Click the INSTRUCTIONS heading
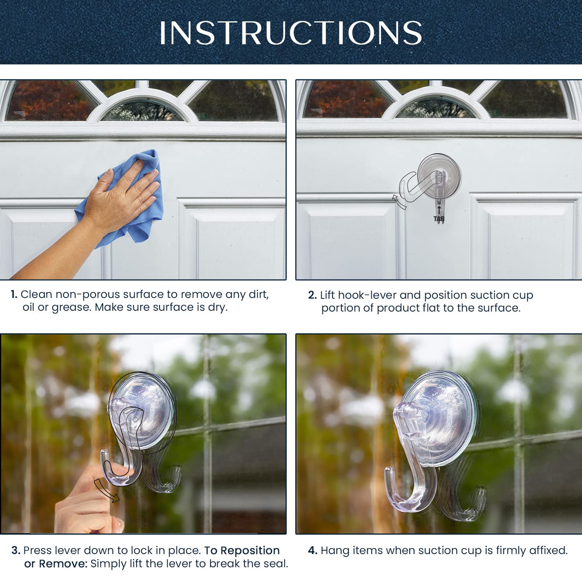(291, 33)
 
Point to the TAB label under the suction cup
(439, 219)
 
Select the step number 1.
(14, 294)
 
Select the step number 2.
(312, 295)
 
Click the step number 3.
(16, 551)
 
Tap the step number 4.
(313, 551)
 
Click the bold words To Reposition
(242, 551)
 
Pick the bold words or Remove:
(56, 564)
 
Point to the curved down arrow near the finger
(106, 491)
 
